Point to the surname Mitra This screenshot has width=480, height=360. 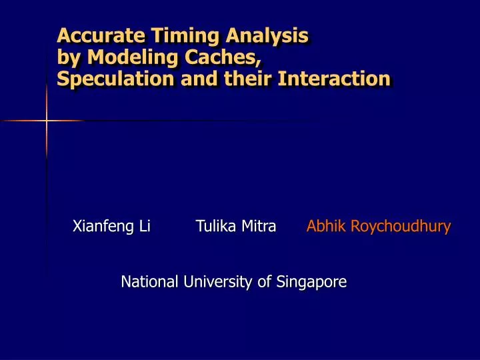tap(258, 227)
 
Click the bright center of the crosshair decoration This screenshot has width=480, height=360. tap(47, 121)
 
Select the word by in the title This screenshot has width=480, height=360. tap(67, 58)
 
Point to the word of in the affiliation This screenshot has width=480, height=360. tap(265, 282)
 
